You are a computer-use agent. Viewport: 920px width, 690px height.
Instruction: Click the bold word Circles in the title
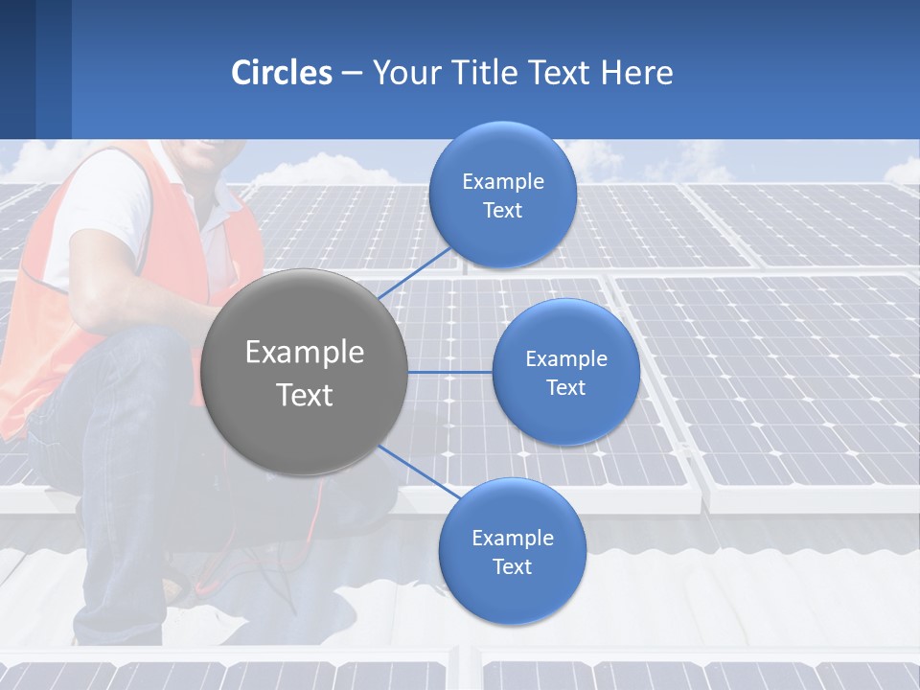(282, 73)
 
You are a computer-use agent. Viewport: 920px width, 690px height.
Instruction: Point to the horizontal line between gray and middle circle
(449, 372)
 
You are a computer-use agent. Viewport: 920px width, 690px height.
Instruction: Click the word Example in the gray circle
(305, 353)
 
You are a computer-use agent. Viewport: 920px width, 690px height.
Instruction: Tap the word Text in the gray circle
(305, 395)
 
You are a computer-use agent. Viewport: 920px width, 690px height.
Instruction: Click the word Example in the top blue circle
(502, 182)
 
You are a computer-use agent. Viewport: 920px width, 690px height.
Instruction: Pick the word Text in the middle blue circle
(565, 388)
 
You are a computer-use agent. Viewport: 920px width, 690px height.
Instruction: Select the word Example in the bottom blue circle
(512, 539)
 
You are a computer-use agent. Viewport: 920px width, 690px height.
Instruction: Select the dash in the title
(352, 74)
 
